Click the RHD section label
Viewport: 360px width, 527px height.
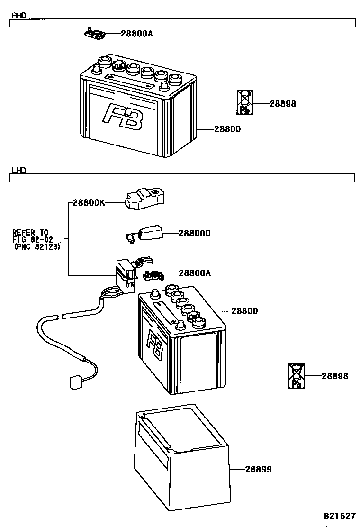pyautogui.click(x=19, y=16)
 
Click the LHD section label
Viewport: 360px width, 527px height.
pyautogui.click(x=18, y=170)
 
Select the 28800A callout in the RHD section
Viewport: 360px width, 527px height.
pyautogui.click(x=137, y=34)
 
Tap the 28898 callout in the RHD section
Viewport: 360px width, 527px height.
pyautogui.click(x=283, y=104)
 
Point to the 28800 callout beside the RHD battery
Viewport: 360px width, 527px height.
pyautogui.click(x=227, y=129)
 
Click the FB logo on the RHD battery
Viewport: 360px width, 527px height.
pyautogui.click(x=123, y=117)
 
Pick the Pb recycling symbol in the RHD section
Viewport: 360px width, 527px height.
pyautogui.click(x=245, y=102)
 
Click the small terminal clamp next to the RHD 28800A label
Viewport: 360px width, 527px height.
pyautogui.click(x=95, y=34)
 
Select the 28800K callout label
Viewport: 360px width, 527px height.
pyautogui.click(x=89, y=203)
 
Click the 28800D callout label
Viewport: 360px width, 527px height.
pyautogui.click(x=194, y=233)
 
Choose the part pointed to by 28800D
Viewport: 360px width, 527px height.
pyautogui.click(x=145, y=234)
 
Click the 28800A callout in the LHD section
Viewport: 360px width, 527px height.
pyautogui.click(x=195, y=273)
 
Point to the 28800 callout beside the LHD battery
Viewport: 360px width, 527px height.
pyautogui.click(x=244, y=311)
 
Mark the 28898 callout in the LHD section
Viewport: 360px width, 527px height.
pyautogui.click(x=335, y=376)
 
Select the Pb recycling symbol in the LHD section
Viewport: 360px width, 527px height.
pyautogui.click(x=297, y=376)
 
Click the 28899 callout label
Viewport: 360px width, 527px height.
pyautogui.click(x=258, y=469)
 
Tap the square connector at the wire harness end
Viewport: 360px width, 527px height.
pyautogui.click(x=76, y=382)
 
